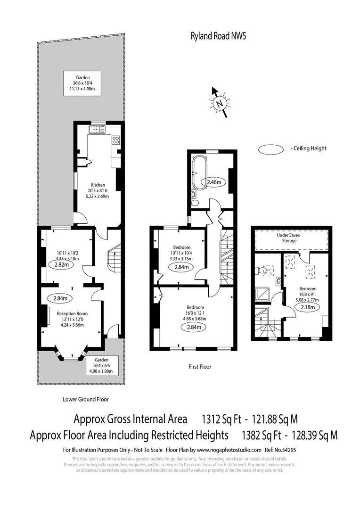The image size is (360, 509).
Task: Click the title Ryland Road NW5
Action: point(211,35)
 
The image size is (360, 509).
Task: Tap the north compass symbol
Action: point(219,102)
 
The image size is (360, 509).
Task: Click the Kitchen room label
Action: point(98,185)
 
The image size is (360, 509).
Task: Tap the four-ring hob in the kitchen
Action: point(115,139)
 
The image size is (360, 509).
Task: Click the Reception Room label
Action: point(72,313)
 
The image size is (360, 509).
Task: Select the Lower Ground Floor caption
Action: point(86,399)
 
